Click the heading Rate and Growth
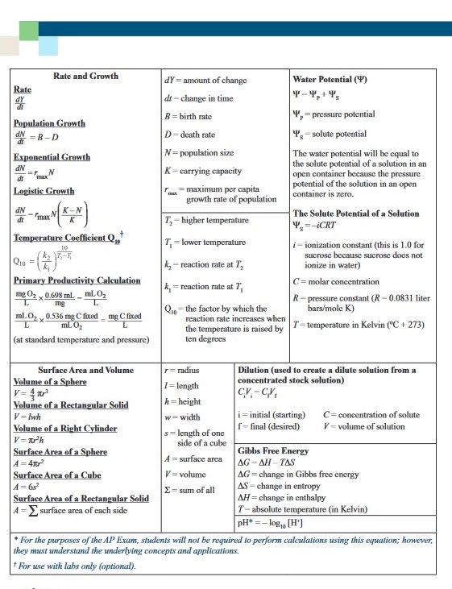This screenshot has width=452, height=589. click(85, 76)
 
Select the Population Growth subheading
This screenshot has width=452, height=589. click(49, 123)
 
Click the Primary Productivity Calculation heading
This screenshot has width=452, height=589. click(77, 280)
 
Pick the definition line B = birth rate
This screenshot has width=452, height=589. click(189, 116)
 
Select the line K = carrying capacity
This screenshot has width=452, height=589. click(204, 171)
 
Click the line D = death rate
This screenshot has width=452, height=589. click(190, 135)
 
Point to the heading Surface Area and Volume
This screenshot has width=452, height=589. click(86, 370)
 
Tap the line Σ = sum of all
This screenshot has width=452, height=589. click(189, 490)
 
